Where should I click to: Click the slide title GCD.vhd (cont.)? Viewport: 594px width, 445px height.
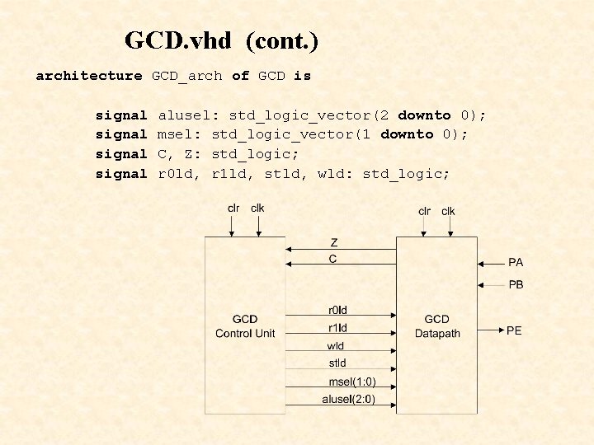coord(221,40)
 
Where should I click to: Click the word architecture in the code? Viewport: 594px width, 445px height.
coord(89,76)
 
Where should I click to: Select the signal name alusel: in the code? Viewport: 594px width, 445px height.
coord(189,115)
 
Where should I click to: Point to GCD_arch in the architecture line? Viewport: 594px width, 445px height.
coord(186,76)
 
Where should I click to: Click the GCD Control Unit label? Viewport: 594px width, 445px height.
coord(245,326)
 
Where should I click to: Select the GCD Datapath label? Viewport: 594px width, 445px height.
coord(436,326)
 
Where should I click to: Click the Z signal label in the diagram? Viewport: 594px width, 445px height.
coord(333,243)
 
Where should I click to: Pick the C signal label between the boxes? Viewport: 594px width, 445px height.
coord(333,259)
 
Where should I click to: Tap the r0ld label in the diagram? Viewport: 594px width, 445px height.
coord(337,310)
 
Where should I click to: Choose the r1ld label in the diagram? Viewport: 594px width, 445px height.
coord(337,328)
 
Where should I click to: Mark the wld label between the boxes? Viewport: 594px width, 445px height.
coord(337,346)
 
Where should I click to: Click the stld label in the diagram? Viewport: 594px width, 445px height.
coord(337,363)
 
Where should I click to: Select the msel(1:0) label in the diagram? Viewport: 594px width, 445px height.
coord(351,382)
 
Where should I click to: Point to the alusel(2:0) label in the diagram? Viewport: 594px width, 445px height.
coord(348,400)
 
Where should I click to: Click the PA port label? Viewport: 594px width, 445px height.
coord(516,263)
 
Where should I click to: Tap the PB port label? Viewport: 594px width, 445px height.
coord(516,285)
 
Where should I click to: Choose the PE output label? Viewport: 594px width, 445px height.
coord(514,330)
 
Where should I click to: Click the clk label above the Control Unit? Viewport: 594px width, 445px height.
coord(257,208)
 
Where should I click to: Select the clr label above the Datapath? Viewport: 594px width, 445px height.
coord(424,211)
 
